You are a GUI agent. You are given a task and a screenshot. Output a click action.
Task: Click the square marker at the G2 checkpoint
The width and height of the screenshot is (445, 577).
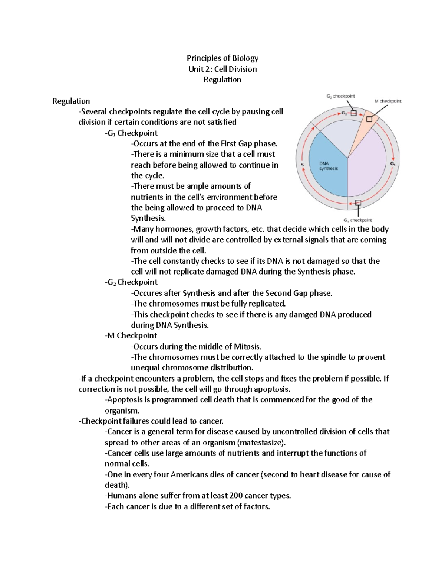[x=353, y=113]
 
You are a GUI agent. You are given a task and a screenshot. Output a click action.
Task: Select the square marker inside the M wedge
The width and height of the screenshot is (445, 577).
[x=369, y=119]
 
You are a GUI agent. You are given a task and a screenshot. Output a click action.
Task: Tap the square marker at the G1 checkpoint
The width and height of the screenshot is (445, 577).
[x=358, y=202]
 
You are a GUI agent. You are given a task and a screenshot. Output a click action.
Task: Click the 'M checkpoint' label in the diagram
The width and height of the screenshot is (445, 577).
[x=388, y=101]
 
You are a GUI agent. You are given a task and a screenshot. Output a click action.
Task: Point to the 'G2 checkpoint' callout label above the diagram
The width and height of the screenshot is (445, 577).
[x=340, y=96]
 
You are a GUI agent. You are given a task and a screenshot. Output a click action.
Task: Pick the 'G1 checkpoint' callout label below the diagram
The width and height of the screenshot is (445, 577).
[x=357, y=220]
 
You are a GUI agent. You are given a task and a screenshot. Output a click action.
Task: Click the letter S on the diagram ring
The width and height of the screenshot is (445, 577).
[x=302, y=165]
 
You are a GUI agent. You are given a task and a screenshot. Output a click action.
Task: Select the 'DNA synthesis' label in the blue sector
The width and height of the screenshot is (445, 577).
[x=329, y=166]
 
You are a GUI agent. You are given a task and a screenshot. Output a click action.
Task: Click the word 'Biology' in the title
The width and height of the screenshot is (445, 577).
[x=245, y=58]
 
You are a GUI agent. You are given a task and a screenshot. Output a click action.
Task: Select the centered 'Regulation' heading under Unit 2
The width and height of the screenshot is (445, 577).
[x=222, y=80]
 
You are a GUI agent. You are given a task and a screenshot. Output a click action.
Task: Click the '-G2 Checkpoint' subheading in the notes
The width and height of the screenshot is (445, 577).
[x=131, y=282]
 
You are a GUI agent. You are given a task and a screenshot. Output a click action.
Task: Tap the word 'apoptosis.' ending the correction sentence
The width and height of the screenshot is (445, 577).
[x=272, y=389]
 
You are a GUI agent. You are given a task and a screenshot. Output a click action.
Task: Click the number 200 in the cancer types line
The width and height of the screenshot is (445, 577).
[x=236, y=496]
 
